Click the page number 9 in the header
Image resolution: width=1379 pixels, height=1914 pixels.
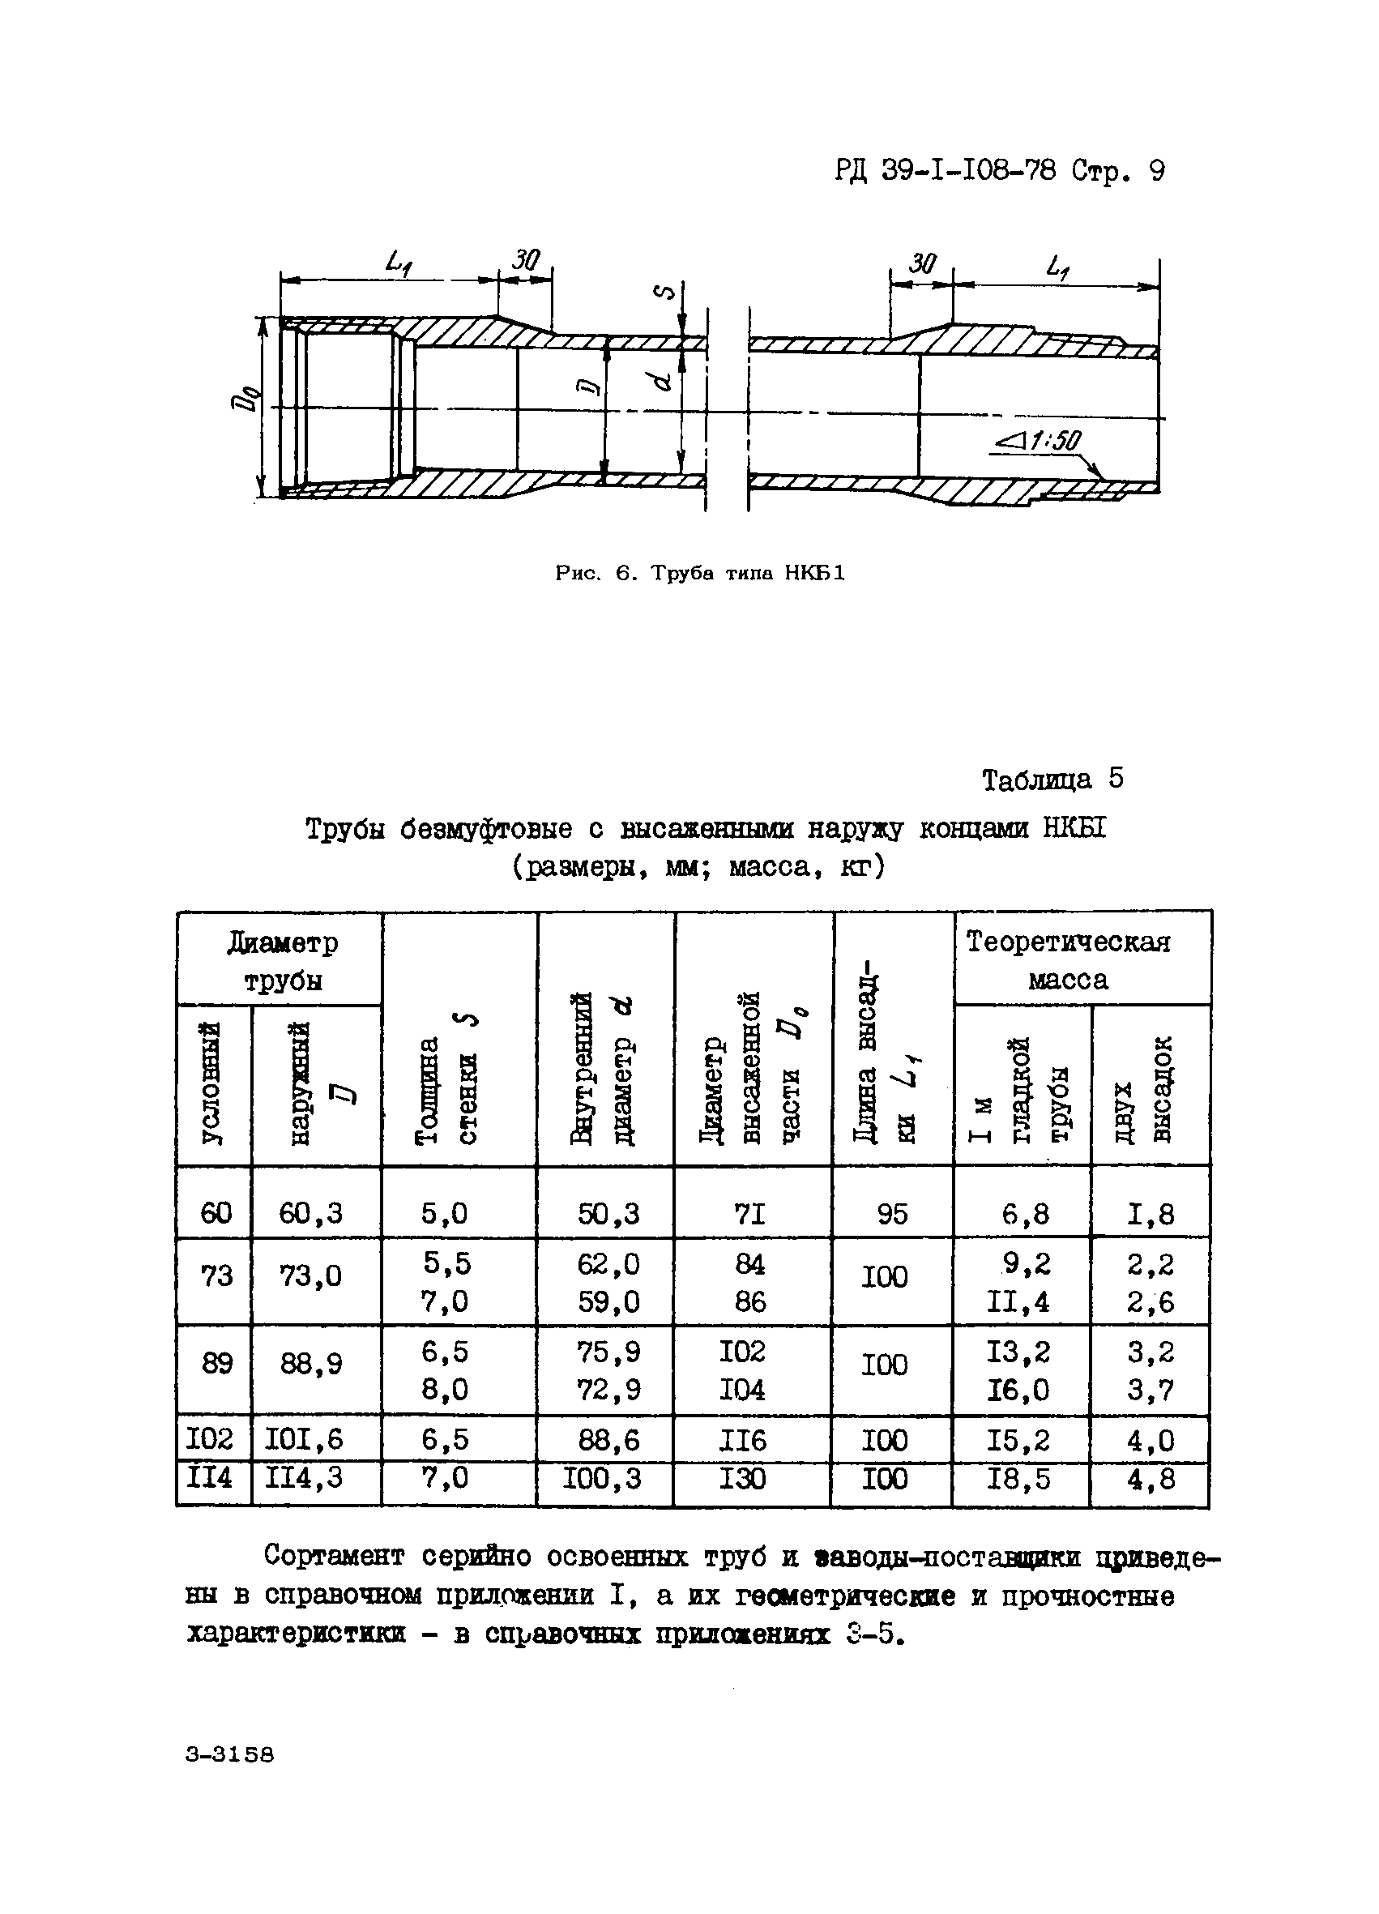[1155, 172]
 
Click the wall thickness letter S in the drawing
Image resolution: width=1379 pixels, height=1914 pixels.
[666, 293]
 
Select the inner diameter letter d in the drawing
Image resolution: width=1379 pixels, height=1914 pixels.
[663, 382]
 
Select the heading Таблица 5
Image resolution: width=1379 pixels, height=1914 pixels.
[1052, 779]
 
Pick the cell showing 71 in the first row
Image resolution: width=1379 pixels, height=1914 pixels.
[749, 1214]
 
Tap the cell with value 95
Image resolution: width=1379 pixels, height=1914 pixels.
[891, 1214]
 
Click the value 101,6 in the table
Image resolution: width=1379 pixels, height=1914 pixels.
[304, 1439]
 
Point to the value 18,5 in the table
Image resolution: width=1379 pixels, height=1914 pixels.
[1018, 1479]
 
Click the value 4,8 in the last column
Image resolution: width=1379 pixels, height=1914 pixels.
[1151, 1479]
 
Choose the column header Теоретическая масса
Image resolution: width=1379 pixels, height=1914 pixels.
[1068, 960]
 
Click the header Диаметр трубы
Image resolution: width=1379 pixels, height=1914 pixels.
[282, 961]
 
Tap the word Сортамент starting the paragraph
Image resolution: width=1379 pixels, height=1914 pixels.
[334, 1554]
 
